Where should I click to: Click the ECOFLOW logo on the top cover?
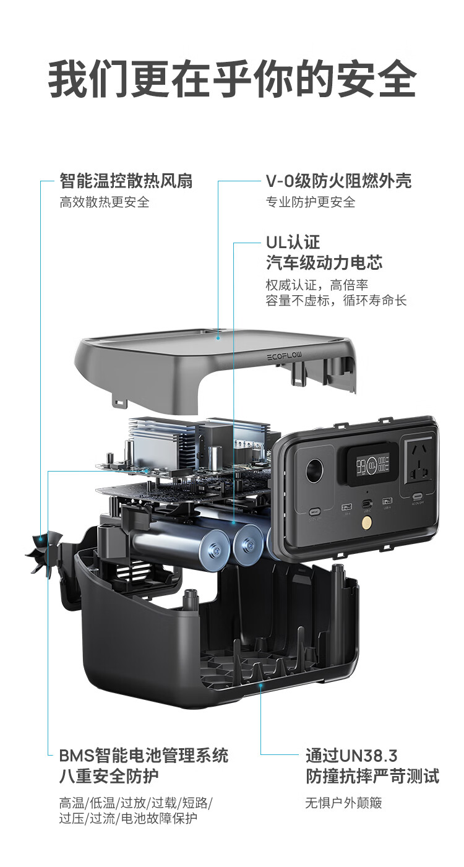point(285,356)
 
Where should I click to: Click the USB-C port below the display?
point(366,504)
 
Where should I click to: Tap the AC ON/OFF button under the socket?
point(417,496)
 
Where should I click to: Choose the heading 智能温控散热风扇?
point(126,181)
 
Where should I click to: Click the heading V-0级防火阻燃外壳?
point(338,181)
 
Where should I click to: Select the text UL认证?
point(293,243)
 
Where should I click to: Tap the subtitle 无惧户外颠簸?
point(343,803)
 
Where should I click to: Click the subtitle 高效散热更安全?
point(104,202)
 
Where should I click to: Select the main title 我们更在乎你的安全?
point(232,79)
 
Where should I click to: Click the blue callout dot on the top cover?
point(218,337)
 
